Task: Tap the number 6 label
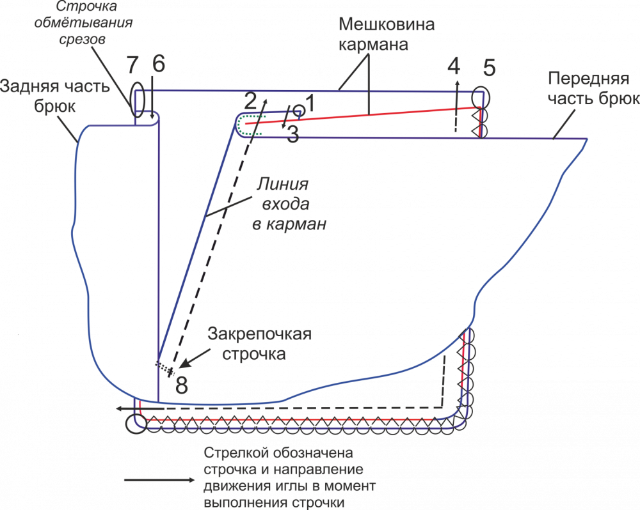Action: tap(158, 64)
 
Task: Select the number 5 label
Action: tap(490, 66)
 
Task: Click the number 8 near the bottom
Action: tap(182, 385)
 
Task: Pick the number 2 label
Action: tap(250, 100)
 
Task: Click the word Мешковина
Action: tap(387, 26)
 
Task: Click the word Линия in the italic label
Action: tap(282, 185)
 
